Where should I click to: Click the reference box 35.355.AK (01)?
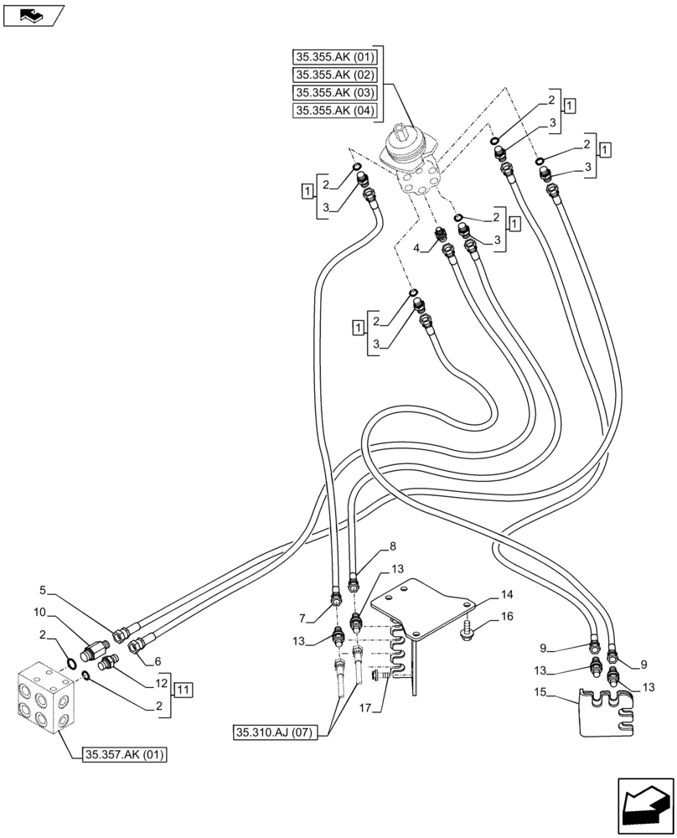pyautogui.click(x=335, y=58)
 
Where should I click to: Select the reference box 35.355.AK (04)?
pyautogui.click(x=335, y=111)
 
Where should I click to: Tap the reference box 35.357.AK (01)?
pyautogui.click(x=125, y=755)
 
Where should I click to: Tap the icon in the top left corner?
pyautogui.click(x=34, y=14)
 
